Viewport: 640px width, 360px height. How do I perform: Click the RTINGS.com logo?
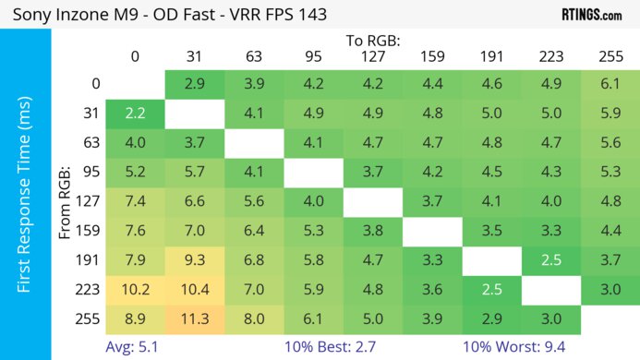click(x=591, y=15)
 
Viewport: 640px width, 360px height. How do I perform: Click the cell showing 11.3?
click(x=195, y=318)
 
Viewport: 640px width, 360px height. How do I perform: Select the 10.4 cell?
click(x=195, y=289)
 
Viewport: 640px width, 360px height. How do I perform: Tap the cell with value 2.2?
click(x=135, y=114)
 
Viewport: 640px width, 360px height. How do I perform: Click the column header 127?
click(x=373, y=56)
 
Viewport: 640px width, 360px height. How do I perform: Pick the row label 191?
click(x=90, y=260)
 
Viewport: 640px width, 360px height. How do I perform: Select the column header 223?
click(x=551, y=56)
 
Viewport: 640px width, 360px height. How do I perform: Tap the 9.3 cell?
click(x=195, y=260)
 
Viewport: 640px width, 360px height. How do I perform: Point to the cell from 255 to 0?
click(x=135, y=318)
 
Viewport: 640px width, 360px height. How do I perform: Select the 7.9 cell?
click(x=135, y=260)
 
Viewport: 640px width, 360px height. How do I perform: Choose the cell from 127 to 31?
click(x=195, y=202)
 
